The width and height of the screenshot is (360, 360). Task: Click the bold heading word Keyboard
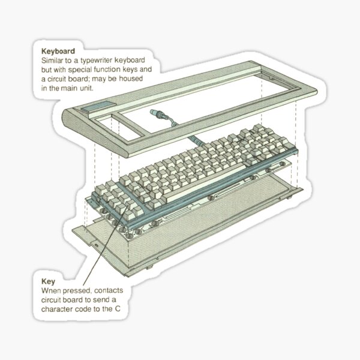click(58, 52)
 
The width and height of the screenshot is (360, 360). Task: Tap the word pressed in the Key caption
click(74, 290)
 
